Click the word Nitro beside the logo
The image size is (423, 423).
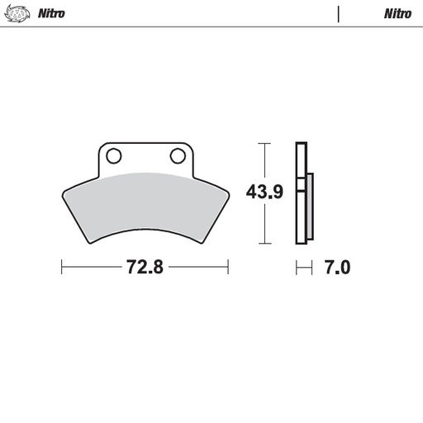(52, 14)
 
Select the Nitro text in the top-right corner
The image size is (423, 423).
(397, 14)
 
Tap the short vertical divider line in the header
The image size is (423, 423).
(339, 14)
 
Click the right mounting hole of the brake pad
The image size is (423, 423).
(177, 155)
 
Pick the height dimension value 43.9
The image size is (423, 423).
(264, 193)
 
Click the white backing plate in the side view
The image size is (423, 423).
(301, 193)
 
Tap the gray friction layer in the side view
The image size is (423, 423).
(310, 207)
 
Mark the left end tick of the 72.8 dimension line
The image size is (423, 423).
(62, 268)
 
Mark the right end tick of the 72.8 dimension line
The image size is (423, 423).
(228, 268)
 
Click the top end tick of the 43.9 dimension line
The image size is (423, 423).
(264, 144)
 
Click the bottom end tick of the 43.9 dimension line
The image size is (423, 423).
(264, 244)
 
